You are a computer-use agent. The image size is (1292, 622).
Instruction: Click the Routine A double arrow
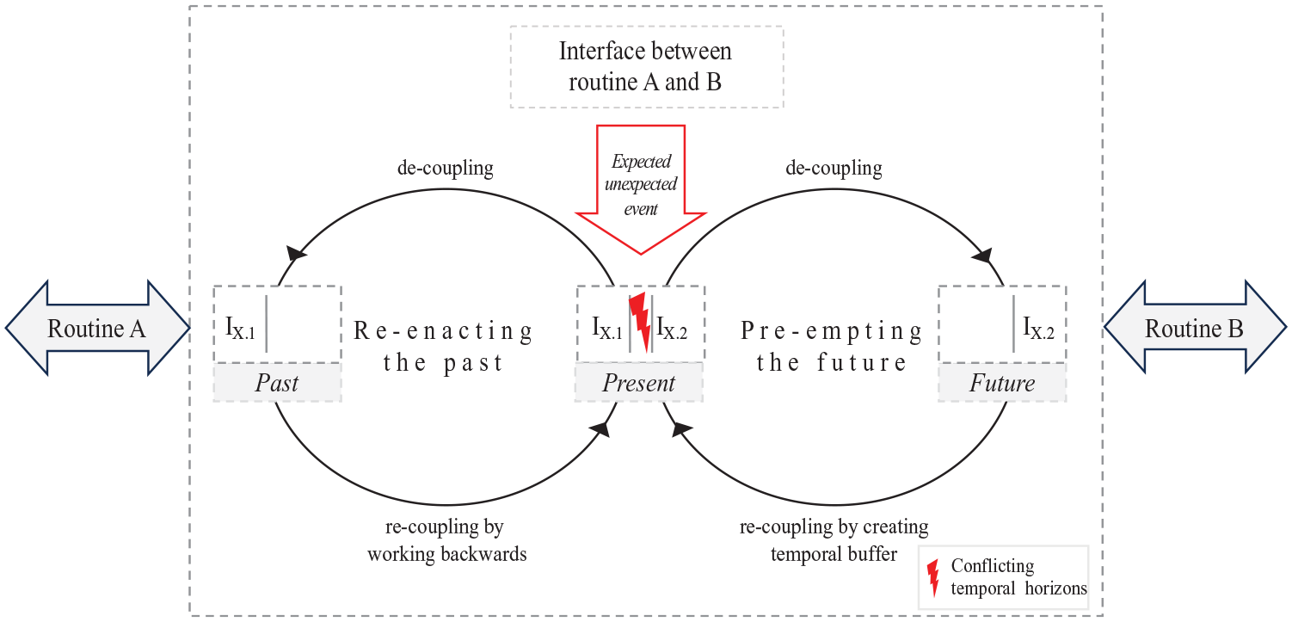(97, 328)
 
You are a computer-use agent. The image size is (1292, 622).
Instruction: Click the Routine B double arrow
(1195, 328)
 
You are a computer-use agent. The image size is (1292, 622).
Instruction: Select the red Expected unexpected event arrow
(641, 189)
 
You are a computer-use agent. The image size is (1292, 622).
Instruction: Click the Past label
(277, 383)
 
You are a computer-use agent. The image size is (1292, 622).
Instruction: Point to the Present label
(639, 383)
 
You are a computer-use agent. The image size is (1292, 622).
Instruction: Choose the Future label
(1002, 383)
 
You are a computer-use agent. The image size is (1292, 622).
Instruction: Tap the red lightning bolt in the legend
(932, 577)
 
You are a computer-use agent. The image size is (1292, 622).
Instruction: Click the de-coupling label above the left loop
(446, 168)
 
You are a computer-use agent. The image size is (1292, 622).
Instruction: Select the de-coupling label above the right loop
(834, 168)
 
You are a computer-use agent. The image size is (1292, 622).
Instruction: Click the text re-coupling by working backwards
(447, 540)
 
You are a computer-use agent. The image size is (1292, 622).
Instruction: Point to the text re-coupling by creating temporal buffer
(834, 540)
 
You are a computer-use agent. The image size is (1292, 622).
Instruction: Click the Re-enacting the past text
(443, 346)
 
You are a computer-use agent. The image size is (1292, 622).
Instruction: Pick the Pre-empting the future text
(831, 346)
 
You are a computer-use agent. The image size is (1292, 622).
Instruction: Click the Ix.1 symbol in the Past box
(240, 328)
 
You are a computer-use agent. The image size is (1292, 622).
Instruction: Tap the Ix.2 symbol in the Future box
(1038, 328)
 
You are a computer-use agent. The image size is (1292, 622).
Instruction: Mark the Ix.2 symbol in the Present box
(672, 328)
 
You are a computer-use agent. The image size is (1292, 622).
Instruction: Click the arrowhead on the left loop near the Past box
(296, 253)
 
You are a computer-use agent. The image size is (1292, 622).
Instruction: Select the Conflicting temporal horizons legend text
(1018, 577)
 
